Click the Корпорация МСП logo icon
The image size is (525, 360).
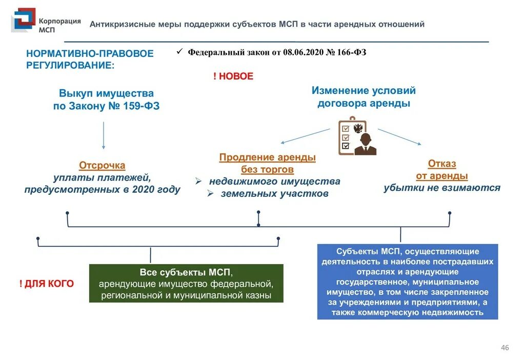pos(24,21)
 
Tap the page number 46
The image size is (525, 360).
pos(504,348)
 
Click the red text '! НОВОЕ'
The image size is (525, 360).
pos(233,76)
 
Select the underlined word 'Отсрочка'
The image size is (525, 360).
pos(102,166)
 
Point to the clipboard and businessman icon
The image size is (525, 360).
pos(357,136)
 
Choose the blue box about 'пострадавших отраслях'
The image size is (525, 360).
pos(407,282)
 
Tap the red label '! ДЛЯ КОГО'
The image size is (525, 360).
pos(46,284)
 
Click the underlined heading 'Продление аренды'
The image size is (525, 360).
pos(267,157)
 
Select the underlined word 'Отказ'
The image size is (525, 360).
pos(442,164)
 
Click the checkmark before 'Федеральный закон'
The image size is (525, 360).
pos(179,52)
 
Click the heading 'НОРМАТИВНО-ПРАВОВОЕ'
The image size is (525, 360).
pos(90,53)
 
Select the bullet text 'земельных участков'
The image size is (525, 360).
pos(274,194)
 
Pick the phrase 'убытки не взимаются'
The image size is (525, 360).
pos(442,188)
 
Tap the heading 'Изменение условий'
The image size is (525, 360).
pos(364,91)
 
